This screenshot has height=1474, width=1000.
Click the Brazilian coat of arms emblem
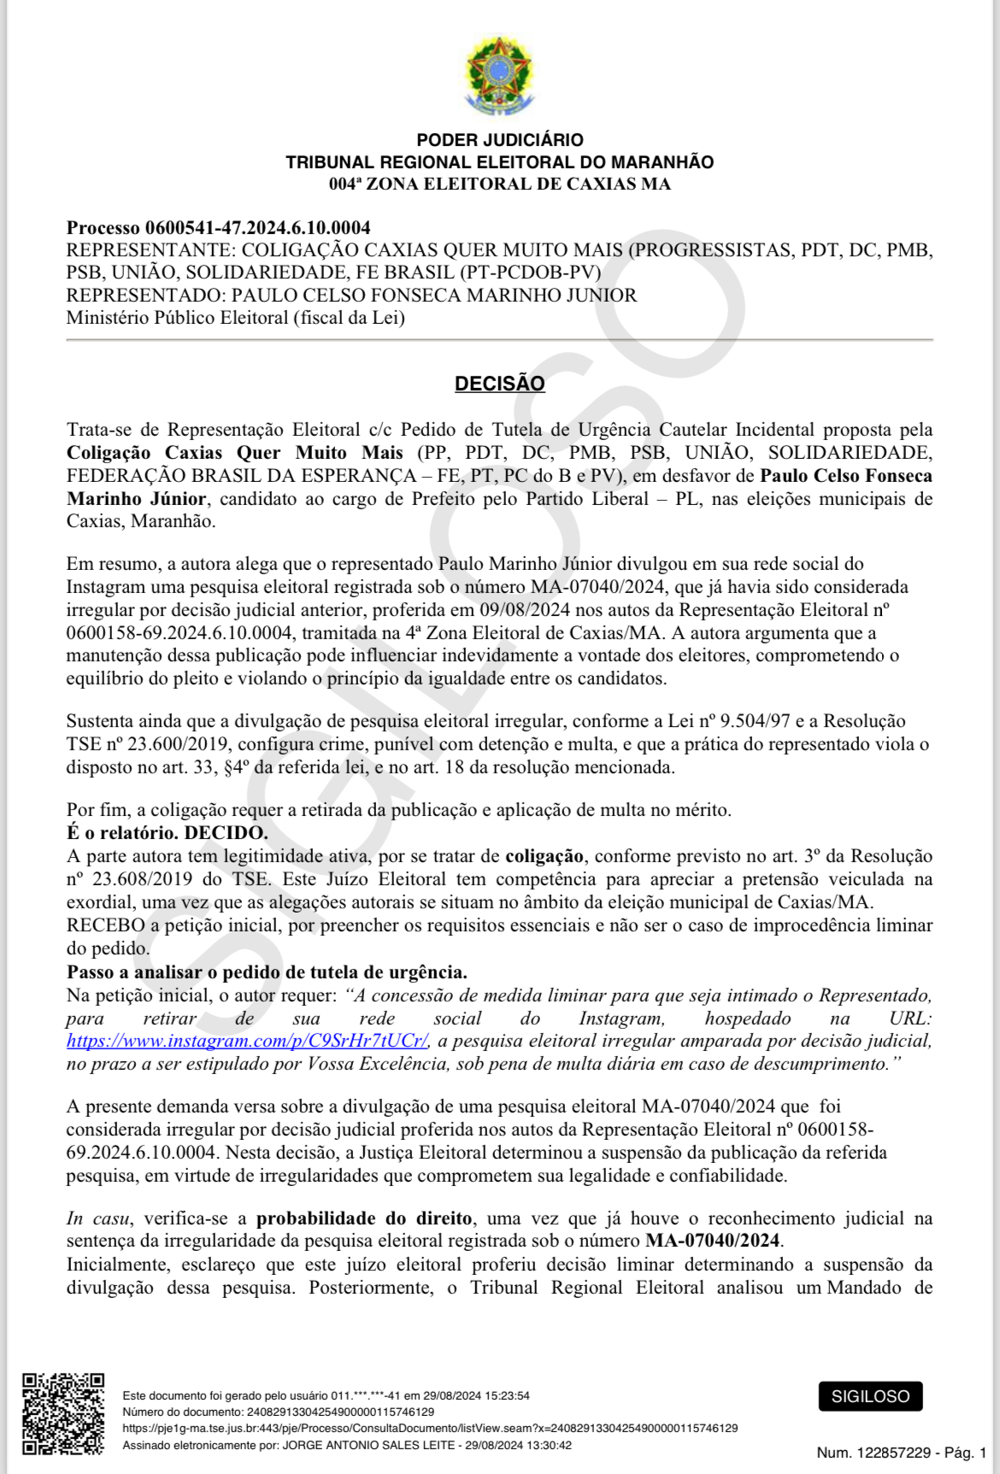[499, 76]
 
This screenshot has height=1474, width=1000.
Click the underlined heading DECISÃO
[499, 384]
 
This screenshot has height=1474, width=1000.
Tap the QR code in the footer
[63, 1413]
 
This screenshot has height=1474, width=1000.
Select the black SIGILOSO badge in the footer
[870, 1396]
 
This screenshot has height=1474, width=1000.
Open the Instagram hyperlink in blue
[247, 1041]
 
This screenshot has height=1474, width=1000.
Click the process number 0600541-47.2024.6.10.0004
[257, 227]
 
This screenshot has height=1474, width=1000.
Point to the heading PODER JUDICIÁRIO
[499, 140]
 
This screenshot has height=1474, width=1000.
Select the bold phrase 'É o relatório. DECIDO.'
[167, 832]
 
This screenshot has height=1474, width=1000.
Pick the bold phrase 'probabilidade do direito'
[364, 1219]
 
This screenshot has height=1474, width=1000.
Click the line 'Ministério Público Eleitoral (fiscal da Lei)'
[235, 318]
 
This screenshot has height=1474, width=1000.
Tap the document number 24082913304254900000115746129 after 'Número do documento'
[340, 1412]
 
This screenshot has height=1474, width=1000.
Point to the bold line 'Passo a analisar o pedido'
[267, 972]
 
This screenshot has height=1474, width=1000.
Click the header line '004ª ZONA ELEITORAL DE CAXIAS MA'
[499, 184]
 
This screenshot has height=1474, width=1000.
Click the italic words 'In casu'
[98, 1219]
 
